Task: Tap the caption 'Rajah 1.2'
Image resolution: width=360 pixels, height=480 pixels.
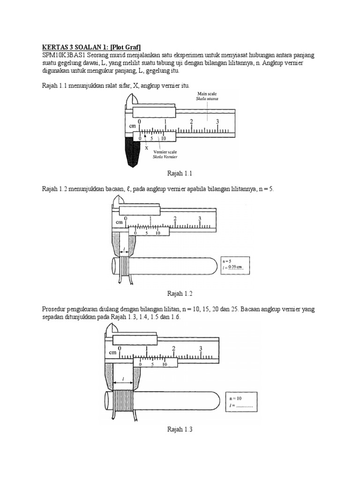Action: tap(180, 293)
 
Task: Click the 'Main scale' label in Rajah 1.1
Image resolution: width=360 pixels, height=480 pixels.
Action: tap(207, 94)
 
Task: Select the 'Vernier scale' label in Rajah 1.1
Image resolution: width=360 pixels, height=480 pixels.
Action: tap(165, 152)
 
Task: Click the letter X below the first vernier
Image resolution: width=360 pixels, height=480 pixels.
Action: tap(146, 147)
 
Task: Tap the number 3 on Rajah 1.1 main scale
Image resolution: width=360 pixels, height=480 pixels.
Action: tap(217, 121)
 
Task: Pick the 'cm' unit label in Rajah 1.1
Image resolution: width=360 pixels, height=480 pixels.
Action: tap(132, 127)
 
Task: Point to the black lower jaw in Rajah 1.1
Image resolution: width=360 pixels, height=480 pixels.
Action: tap(132, 154)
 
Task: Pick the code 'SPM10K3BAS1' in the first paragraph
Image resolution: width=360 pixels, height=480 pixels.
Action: tap(56, 55)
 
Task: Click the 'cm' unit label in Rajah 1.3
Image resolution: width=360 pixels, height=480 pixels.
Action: tap(113, 352)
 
